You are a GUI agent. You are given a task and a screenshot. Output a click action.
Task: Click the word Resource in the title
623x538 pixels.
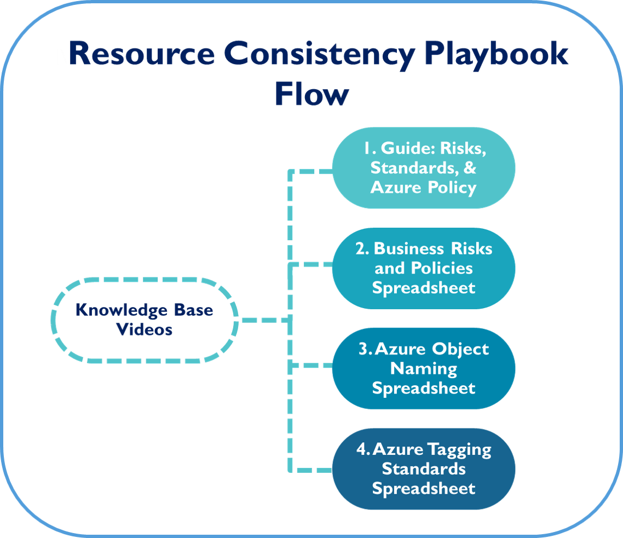pyautogui.click(x=142, y=53)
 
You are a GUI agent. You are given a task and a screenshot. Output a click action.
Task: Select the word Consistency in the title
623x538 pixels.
pyautogui.click(x=320, y=56)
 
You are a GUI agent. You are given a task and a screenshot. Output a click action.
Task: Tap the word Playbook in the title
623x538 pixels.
pyautogui.click(x=496, y=55)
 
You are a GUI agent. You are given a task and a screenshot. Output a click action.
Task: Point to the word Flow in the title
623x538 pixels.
pyautogui.click(x=312, y=94)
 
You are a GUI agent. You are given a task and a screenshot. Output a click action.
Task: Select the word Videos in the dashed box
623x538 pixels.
pyautogui.click(x=144, y=329)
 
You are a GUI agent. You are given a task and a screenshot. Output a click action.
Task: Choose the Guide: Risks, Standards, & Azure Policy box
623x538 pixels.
pyautogui.click(x=424, y=167)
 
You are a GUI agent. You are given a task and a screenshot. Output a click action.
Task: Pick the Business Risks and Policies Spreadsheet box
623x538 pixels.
pyautogui.click(x=424, y=268)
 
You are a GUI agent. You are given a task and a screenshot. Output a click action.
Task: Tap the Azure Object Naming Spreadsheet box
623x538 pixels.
pyautogui.click(x=424, y=368)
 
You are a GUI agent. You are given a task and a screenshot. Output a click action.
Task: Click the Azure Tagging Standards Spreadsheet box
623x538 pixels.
pyautogui.click(x=424, y=469)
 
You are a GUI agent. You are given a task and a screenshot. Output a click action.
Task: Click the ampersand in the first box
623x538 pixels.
pyautogui.click(x=470, y=167)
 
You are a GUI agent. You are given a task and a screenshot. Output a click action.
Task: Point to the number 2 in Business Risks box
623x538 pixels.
pyautogui.click(x=361, y=248)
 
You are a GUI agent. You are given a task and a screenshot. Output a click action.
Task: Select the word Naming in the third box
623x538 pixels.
pyautogui.click(x=424, y=369)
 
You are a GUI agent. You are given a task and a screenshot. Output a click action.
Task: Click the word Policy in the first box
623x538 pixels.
pyautogui.click(x=452, y=188)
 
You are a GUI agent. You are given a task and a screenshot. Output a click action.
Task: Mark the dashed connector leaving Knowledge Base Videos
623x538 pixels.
pyautogui.click(x=265, y=320)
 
